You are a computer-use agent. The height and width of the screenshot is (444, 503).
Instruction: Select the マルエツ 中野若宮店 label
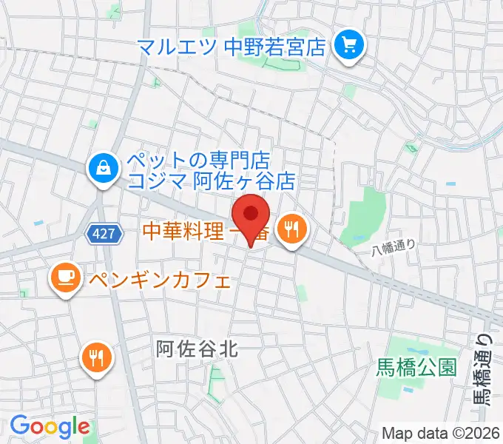(232, 47)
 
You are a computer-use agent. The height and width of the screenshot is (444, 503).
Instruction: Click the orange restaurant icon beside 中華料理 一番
(292, 230)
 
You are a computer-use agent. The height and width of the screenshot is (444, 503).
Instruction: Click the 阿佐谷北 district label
(198, 347)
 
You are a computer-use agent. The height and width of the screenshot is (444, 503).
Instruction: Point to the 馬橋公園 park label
(416, 366)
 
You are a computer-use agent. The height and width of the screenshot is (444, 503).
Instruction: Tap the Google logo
(50, 426)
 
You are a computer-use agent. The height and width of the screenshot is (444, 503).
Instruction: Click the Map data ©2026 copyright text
(441, 433)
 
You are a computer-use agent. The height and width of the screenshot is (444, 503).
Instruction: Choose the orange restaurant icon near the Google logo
(96, 358)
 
